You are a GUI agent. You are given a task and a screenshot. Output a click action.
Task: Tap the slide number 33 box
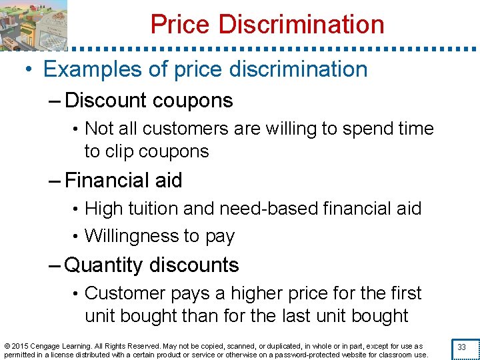tap(461, 347)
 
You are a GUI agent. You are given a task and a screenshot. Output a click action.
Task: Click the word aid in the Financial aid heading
tap(168, 181)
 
